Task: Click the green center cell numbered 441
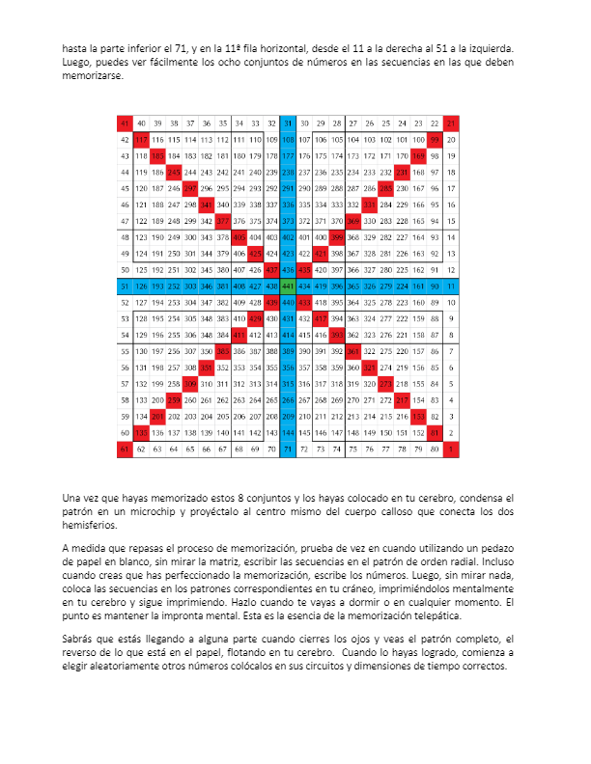[x=287, y=286]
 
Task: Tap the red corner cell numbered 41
[x=125, y=123]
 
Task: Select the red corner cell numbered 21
[x=451, y=123]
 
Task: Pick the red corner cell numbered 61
[x=125, y=449]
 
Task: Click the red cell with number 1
[x=451, y=449]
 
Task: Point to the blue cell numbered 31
[x=287, y=123]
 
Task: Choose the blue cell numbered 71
[x=287, y=449]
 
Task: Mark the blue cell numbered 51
[x=125, y=286]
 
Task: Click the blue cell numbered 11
[x=451, y=286]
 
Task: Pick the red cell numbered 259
[x=174, y=399]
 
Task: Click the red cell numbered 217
[x=403, y=399]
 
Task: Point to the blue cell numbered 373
[x=287, y=221]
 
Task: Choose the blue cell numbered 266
[x=287, y=399]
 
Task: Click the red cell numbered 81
[x=436, y=432]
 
